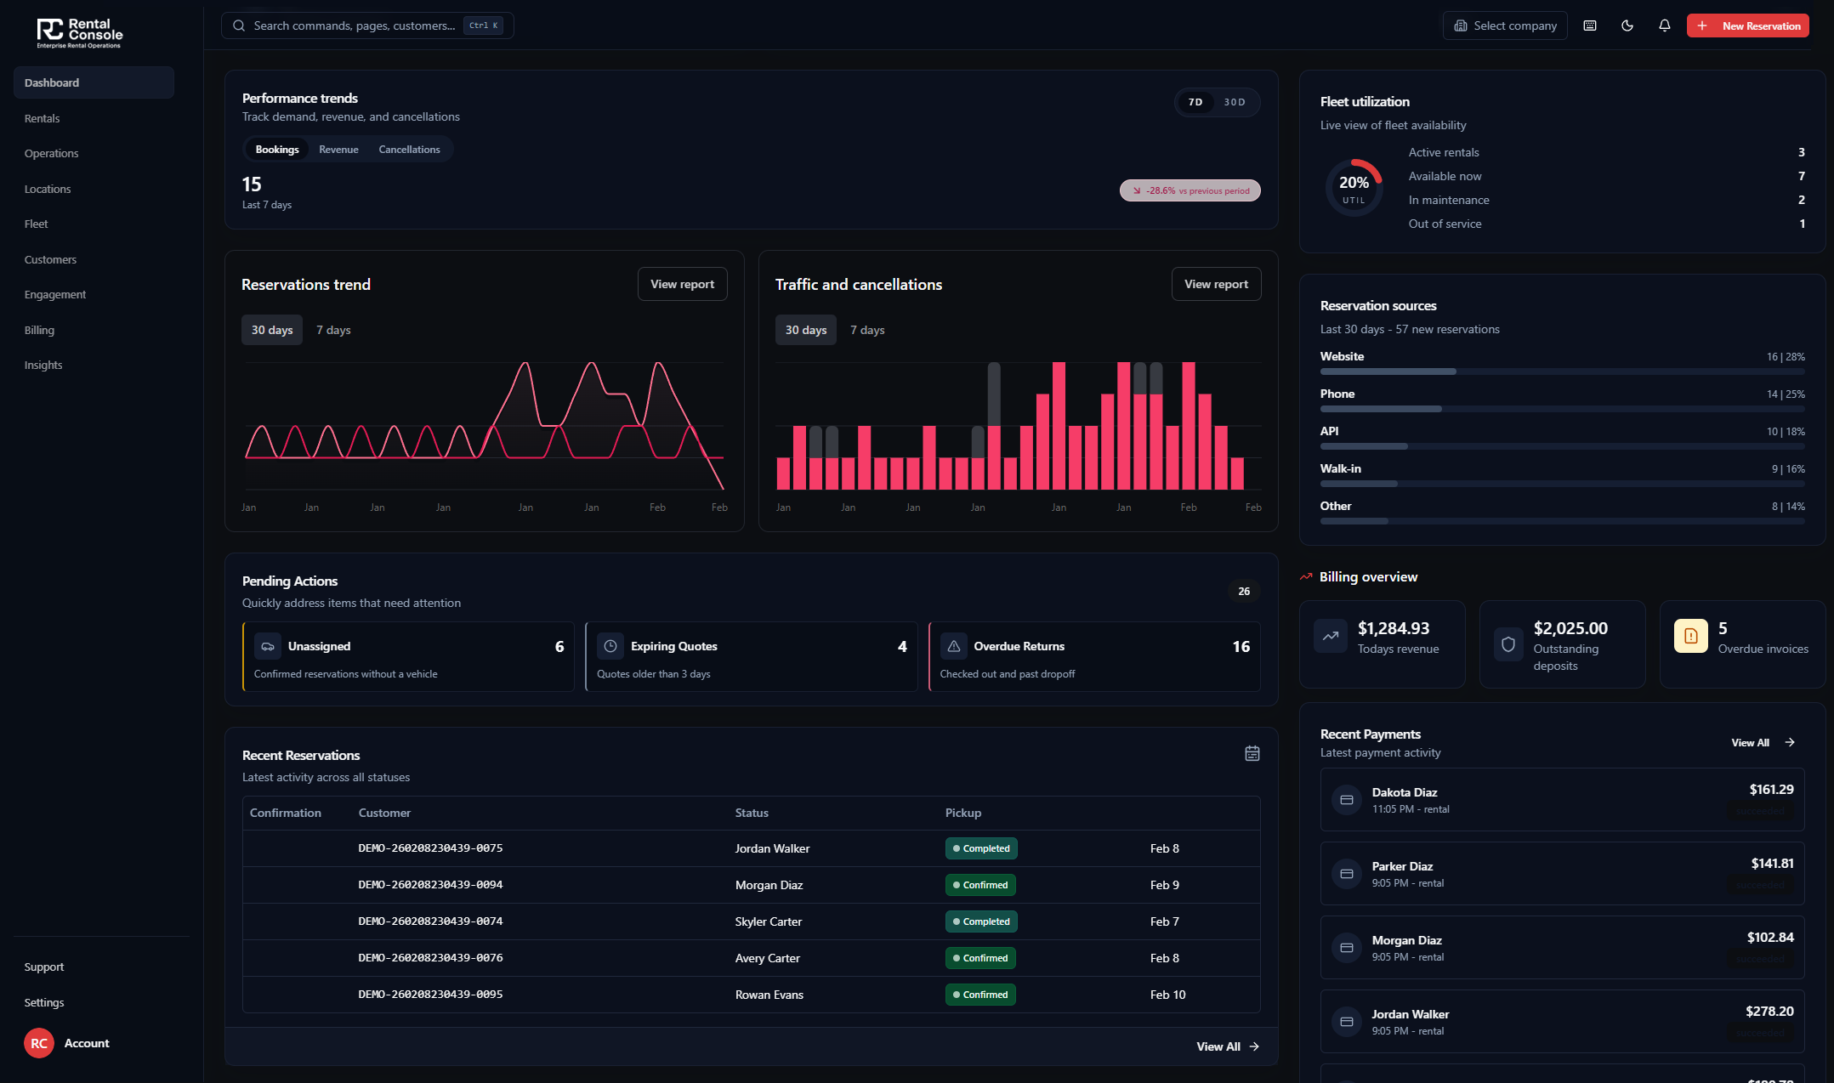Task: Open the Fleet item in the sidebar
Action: [37, 224]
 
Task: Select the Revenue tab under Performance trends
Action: [338, 150]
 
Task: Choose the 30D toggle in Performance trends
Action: [1235, 102]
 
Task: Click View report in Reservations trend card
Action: [682, 285]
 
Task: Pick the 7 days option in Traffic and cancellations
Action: [867, 330]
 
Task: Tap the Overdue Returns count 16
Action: [1241, 647]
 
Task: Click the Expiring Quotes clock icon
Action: [610, 647]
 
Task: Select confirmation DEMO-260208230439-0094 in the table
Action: [430, 885]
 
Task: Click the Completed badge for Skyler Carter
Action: [981, 921]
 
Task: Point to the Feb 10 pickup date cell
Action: [1167, 995]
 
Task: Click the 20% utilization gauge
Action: [1354, 188]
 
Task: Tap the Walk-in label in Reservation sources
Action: [1340, 469]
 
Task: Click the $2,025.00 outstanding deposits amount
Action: [1570, 629]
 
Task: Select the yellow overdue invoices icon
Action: [1690, 636]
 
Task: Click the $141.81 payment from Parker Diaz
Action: [1772, 864]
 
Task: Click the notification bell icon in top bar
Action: [1664, 26]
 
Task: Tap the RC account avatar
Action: [39, 1043]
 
